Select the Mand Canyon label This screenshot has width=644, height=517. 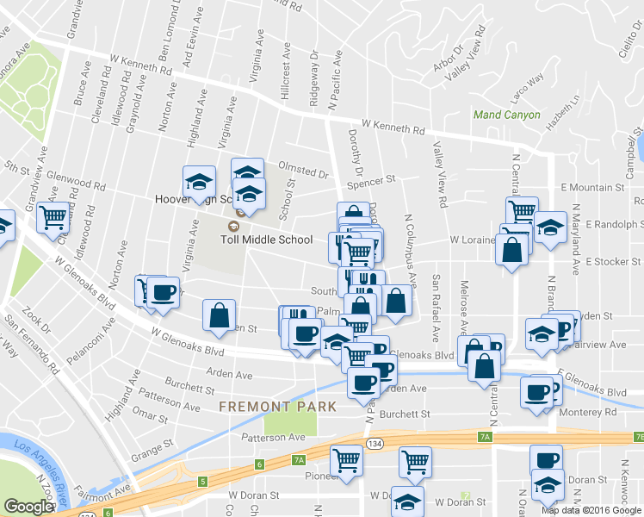click(507, 115)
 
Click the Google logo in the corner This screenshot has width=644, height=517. click(29, 507)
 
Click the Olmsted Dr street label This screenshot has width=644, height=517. click(303, 170)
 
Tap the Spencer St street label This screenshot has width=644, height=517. click(370, 181)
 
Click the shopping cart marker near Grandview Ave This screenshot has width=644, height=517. click(53, 217)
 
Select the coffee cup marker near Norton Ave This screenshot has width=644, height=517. click(162, 290)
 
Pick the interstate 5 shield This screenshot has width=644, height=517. click(201, 482)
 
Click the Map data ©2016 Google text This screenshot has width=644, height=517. click(591, 509)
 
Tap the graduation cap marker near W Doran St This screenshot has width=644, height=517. click(407, 500)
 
